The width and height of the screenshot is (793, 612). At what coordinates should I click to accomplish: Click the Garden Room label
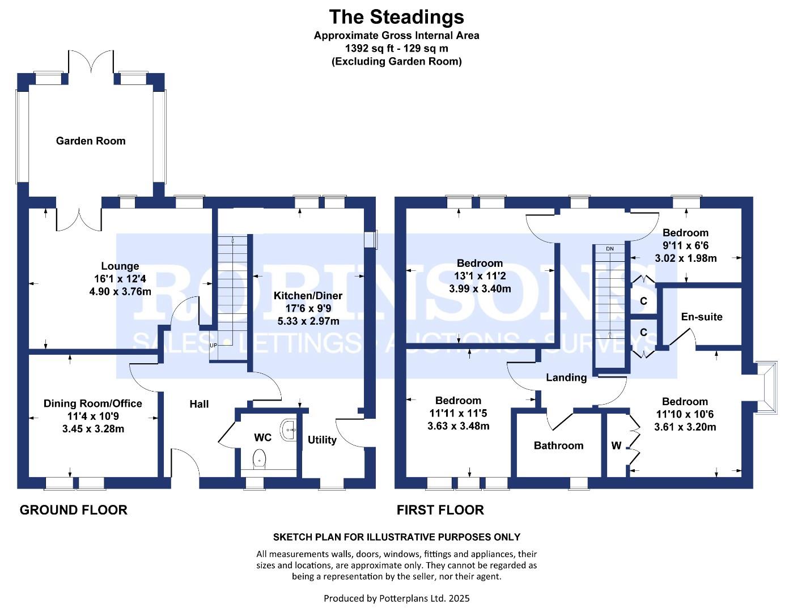tap(91, 141)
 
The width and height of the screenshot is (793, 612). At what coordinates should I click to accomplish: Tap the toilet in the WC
tap(259, 459)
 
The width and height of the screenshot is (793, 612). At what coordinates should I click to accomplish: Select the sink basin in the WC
tap(289, 430)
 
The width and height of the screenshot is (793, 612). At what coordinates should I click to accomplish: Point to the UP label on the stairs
tap(213, 345)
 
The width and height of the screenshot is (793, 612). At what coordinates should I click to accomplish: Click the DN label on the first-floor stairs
tap(610, 249)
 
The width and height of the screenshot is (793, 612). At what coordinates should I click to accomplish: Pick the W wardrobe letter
tap(616, 445)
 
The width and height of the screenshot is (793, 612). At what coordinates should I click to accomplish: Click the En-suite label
tap(702, 317)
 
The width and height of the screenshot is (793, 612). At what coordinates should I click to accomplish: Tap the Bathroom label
tap(558, 445)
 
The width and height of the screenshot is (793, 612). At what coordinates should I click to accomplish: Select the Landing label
tap(566, 377)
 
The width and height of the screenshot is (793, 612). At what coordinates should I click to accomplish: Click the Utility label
tap(322, 440)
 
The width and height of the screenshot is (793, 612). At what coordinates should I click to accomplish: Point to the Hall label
tap(200, 403)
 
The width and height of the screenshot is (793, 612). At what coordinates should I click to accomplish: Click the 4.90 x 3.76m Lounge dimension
tap(120, 291)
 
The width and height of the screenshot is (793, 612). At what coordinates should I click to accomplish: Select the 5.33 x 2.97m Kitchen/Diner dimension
tap(308, 321)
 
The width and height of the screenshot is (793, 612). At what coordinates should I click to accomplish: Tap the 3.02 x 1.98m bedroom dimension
tap(686, 258)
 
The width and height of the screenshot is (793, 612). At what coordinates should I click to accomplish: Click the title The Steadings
tap(397, 17)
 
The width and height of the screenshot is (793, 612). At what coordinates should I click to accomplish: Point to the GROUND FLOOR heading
tap(74, 510)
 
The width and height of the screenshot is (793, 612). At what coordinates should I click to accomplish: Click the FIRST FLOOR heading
tap(440, 510)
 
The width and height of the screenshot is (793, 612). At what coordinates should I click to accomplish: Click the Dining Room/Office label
tap(93, 403)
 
